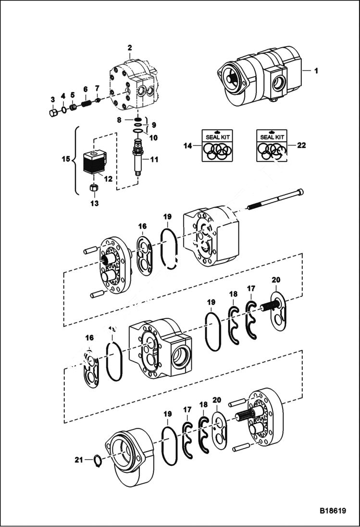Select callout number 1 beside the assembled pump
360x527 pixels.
click(316, 71)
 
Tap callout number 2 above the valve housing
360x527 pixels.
click(129, 48)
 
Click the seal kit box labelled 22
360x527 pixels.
click(272, 144)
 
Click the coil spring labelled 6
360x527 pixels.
click(86, 102)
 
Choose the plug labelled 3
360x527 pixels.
click(54, 113)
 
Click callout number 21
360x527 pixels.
click(79, 460)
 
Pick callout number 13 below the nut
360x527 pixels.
click(95, 203)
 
